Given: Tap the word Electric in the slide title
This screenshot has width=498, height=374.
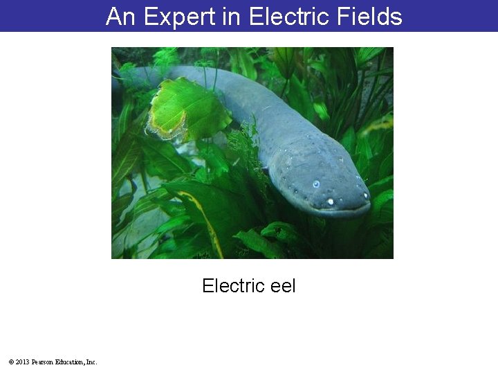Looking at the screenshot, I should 280,16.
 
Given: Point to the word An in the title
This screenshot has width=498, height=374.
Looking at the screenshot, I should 120,16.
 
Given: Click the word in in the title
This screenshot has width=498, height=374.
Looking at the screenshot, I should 230,16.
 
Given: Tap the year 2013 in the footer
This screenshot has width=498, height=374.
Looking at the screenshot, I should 22,362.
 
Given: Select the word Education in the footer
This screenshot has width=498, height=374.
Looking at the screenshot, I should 70,362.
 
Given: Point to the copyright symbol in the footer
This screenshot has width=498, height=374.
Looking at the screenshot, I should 11,362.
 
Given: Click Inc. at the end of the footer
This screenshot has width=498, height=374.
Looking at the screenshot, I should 91,362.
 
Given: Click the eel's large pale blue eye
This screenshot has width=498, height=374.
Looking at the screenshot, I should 316,184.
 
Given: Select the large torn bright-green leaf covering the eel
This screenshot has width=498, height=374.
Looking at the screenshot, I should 187,107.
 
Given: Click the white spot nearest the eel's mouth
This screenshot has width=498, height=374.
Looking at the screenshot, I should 330,202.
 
